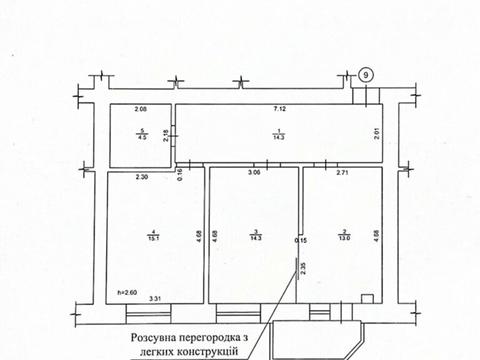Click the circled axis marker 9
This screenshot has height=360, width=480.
tap(366, 75)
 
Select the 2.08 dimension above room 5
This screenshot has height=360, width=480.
tap(140, 107)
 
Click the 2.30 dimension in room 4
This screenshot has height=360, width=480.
tap(142, 176)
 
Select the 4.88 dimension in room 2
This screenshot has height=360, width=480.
tap(377, 236)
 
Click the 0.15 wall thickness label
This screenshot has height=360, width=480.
tap(300, 240)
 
